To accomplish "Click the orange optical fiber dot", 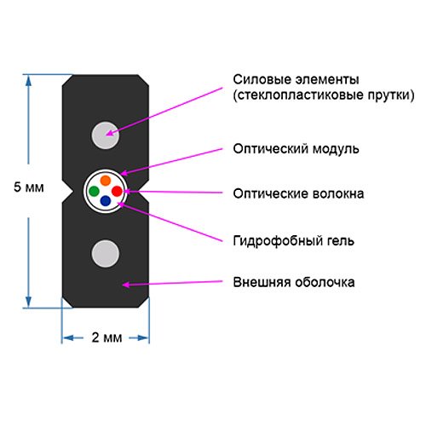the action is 106,181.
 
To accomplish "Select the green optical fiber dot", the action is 94,191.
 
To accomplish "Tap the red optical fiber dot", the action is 117,191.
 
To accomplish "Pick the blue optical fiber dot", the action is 106,201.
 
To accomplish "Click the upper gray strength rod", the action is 106,135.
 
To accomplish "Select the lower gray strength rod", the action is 106,254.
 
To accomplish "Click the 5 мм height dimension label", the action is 29,187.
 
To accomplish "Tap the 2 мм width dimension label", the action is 106,337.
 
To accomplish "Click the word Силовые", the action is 262,79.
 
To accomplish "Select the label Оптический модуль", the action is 296,149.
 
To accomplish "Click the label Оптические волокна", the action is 298,193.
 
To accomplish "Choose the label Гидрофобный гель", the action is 294,241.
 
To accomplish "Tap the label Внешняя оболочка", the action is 294,282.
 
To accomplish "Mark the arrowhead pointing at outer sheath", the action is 125,285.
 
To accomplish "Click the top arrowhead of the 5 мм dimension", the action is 28,80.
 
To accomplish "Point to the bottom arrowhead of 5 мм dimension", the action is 28,302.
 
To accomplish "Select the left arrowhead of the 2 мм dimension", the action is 67,338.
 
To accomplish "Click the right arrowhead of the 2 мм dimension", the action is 143,338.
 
